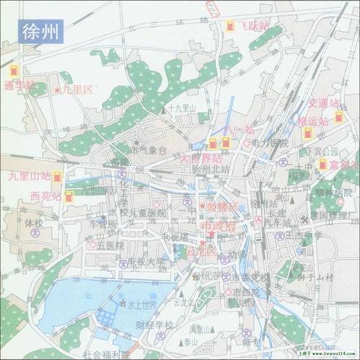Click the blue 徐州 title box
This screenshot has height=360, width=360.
(x=41, y=30)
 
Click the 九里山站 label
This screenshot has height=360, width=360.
(x=30, y=175)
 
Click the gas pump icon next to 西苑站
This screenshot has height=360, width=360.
(x=69, y=196)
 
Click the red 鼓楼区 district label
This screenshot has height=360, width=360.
(x=221, y=207)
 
